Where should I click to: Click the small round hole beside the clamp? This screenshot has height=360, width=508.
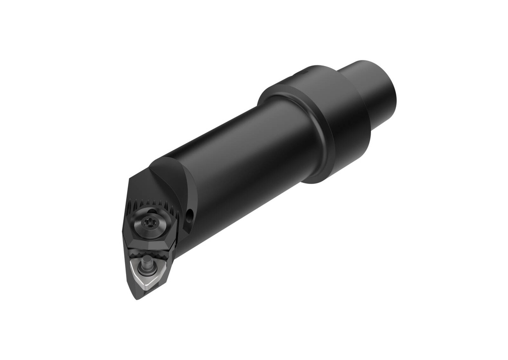click(x=189, y=215)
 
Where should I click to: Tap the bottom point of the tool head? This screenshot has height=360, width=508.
click(x=137, y=298)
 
